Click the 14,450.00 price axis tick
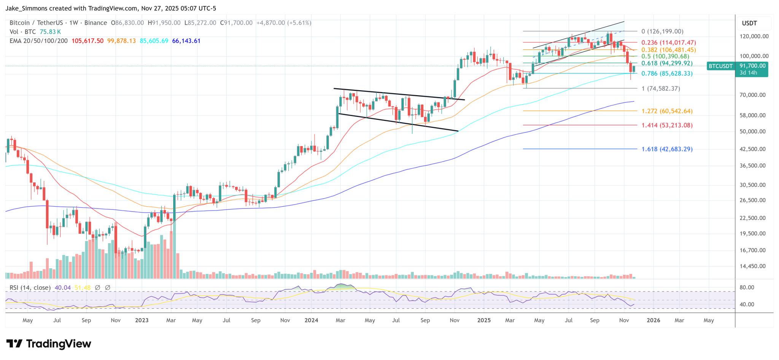tap(752, 266)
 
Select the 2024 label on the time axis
tap(311, 320)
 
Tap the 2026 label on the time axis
tap(653, 320)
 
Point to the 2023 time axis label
tap(142, 320)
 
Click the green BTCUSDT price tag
tap(720, 66)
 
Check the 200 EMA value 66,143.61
tap(186, 41)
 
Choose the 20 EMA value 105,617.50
tap(87, 41)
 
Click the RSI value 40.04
tap(63, 288)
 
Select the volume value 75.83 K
tap(50, 32)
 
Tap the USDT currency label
tap(749, 23)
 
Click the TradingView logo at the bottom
tap(49, 344)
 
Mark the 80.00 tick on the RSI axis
tap(746, 288)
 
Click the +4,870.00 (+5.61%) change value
tap(284, 23)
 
